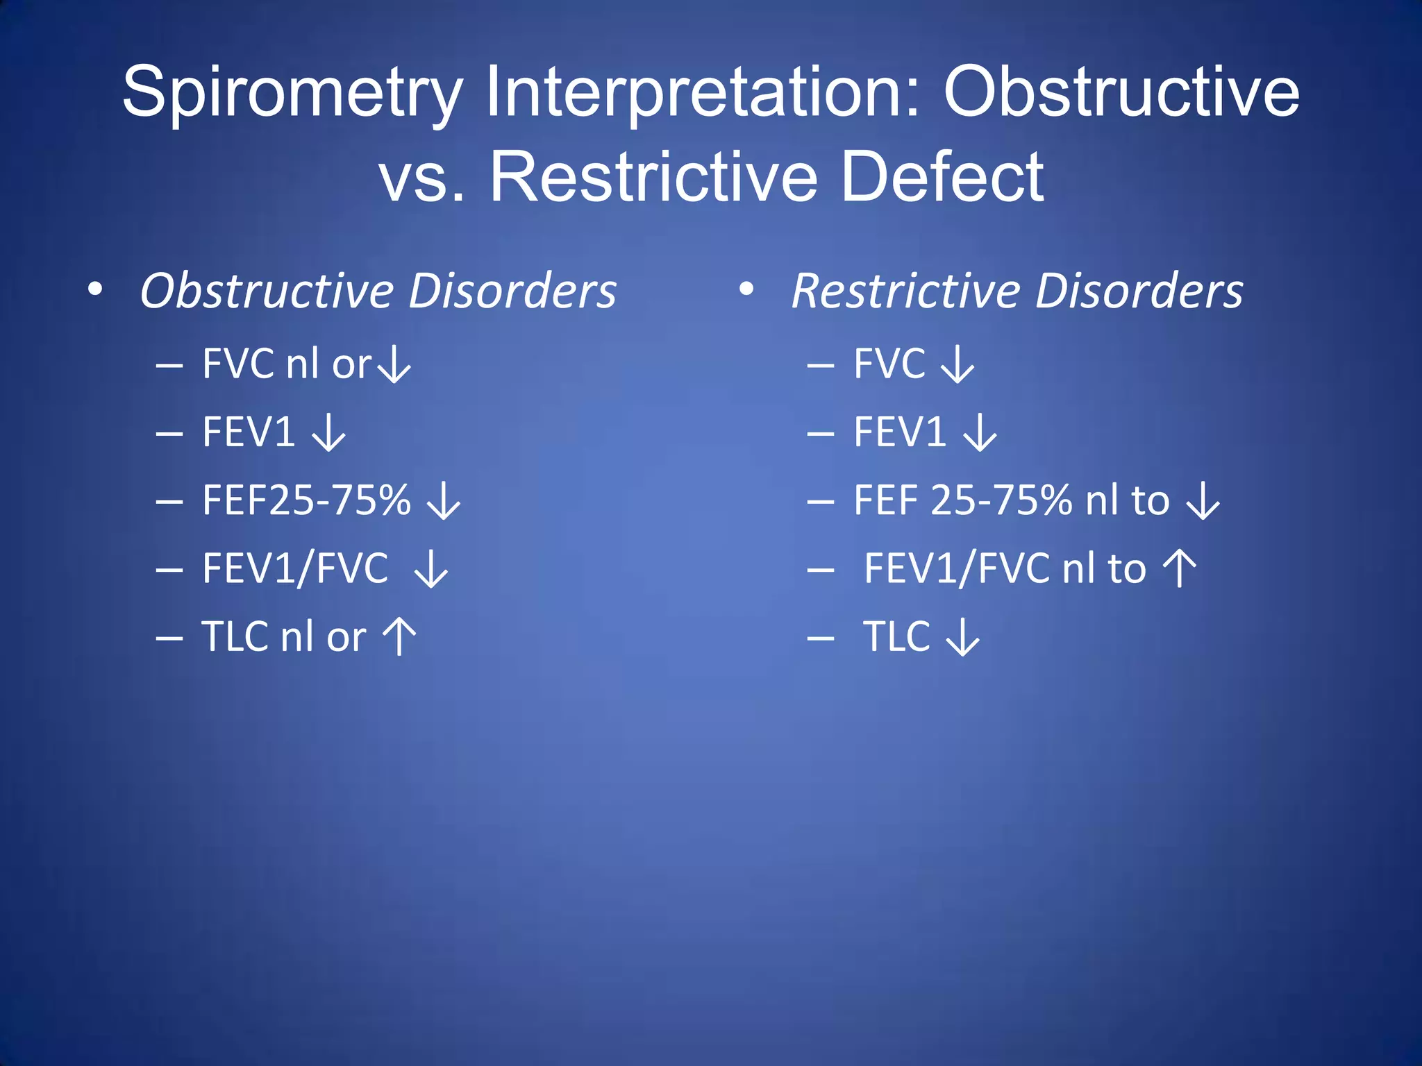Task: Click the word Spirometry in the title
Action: [292, 94]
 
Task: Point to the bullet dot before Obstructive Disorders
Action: [96, 289]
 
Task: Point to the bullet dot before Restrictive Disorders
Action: [746, 289]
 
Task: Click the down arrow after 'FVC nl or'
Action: [395, 364]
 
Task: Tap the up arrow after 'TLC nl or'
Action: [400, 636]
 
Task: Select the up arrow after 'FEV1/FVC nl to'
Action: [1180, 568]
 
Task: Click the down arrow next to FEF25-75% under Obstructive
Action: [444, 501]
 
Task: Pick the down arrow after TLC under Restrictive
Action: [963, 637]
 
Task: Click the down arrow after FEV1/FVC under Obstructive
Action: [431, 569]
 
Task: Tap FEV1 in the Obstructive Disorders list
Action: [249, 432]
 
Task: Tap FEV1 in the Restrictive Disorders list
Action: [900, 432]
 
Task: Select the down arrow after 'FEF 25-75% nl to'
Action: [1203, 501]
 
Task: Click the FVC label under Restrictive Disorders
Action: [889, 364]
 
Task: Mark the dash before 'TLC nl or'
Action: [169, 637]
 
